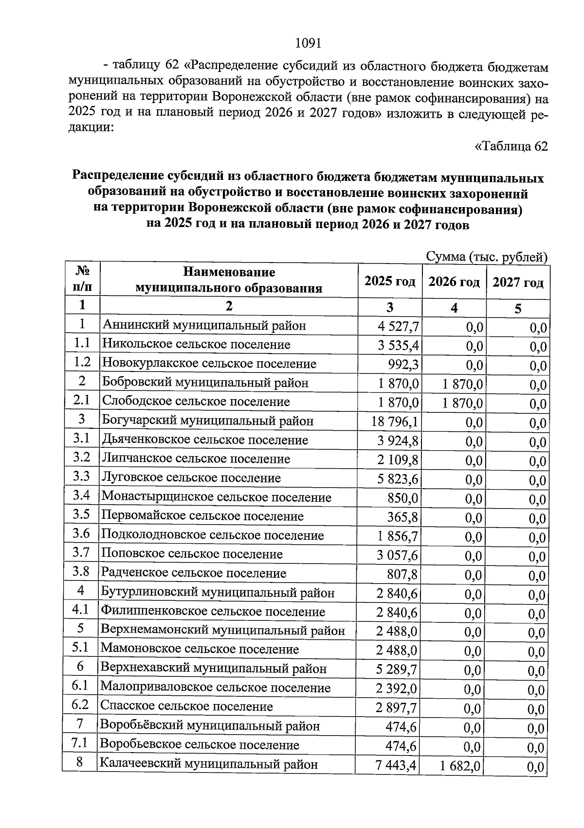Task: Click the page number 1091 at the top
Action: (308, 43)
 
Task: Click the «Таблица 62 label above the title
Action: (511, 146)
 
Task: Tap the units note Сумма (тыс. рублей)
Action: (487, 257)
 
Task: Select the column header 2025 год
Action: (390, 282)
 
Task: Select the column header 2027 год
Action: (518, 282)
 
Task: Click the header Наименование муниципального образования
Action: (229, 280)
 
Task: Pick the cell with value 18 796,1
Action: (395, 422)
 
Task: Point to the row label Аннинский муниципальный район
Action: (204, 325)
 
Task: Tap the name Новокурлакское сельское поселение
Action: (209, 364)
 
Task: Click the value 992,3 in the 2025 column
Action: (403, 364)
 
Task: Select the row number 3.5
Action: (81, 514)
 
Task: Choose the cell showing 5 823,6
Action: (397, 479)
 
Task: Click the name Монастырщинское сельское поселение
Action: (216, 497)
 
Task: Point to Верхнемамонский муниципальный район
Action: (222, 631)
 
